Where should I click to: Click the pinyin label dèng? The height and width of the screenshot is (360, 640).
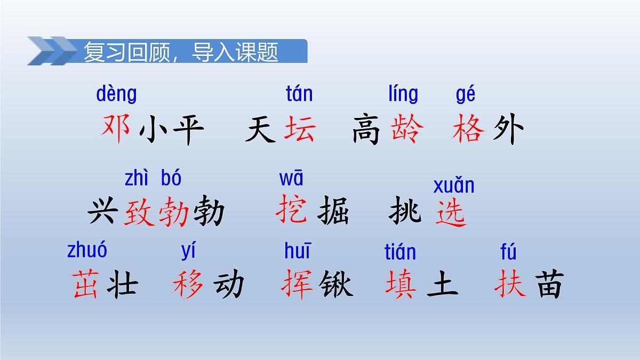click(116, 94)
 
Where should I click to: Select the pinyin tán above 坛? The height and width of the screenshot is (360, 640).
click(299, 94)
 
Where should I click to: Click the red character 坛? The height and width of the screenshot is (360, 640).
click(300, 130)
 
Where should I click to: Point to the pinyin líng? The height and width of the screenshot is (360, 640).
click(403, 94)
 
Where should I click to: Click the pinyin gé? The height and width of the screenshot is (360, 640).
click(466, 95)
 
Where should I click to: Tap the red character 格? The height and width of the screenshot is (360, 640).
click(469, 130)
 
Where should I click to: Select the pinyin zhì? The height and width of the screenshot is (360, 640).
click(138, 179)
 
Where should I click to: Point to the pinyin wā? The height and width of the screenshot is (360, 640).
click(291, 178)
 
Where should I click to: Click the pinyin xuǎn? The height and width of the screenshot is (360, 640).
click(453, 186)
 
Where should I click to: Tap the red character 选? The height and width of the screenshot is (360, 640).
click(451, 213)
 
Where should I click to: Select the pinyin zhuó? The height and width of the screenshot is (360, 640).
click(87, 250)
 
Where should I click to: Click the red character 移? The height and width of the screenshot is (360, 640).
click(189, 284)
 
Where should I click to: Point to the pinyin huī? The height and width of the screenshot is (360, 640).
click(297, 250)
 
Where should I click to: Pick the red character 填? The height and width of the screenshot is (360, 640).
click(401, 284)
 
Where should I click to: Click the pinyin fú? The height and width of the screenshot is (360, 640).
click(508, 252)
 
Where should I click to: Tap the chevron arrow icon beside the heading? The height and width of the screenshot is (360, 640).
click(52, 51)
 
